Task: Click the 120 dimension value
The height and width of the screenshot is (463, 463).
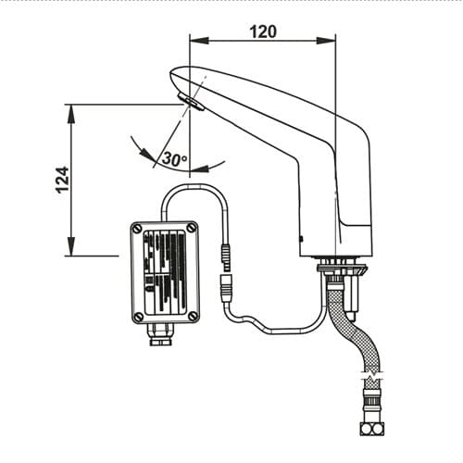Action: [263, 32]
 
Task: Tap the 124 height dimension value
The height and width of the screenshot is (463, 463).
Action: [63, 181]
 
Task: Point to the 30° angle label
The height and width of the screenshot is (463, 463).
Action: [174, 158]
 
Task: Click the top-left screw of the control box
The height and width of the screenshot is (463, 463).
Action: [137, 229]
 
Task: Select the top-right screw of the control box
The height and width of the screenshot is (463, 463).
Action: [192, 228]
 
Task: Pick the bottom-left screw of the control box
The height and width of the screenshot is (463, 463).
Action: [139, 316]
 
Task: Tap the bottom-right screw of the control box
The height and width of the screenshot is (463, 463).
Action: [193, 316]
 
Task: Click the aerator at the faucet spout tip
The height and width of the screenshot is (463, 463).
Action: [192, 102]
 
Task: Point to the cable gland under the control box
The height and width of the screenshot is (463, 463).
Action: [160, 334]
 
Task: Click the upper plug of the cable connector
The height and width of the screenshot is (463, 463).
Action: [227, 254]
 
